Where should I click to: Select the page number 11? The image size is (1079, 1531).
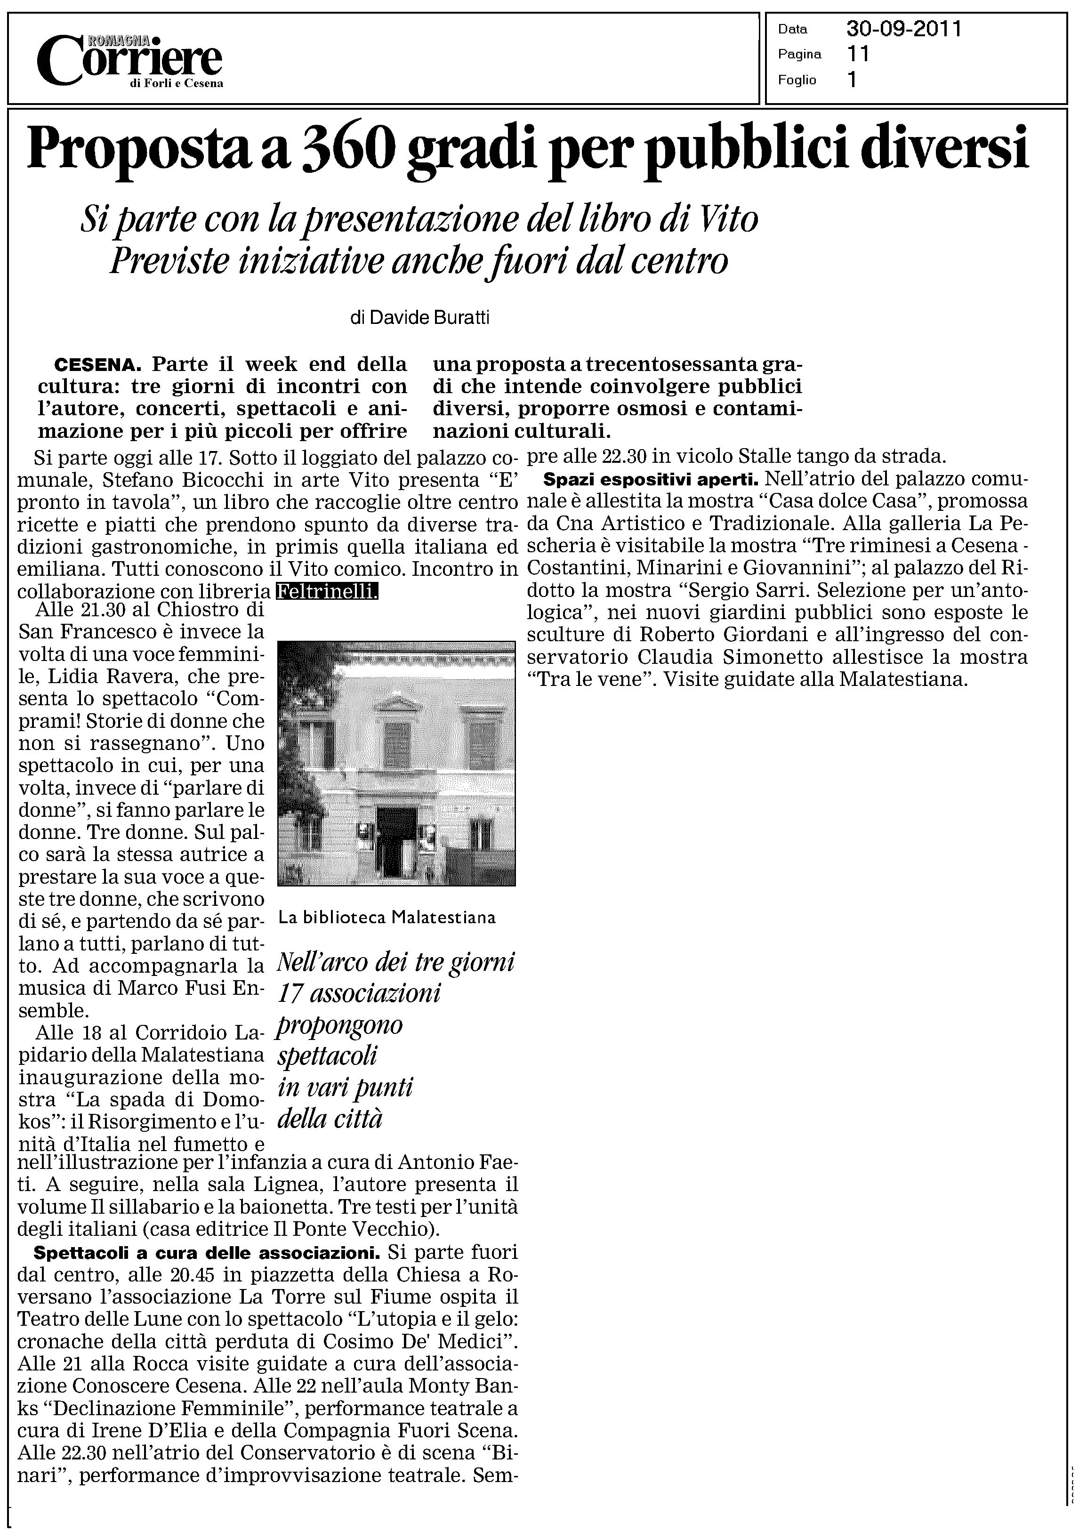tap(858, 54)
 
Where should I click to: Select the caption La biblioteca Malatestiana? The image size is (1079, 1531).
tap(387, 918)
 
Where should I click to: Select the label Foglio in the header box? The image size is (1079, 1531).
tap(797, 80)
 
